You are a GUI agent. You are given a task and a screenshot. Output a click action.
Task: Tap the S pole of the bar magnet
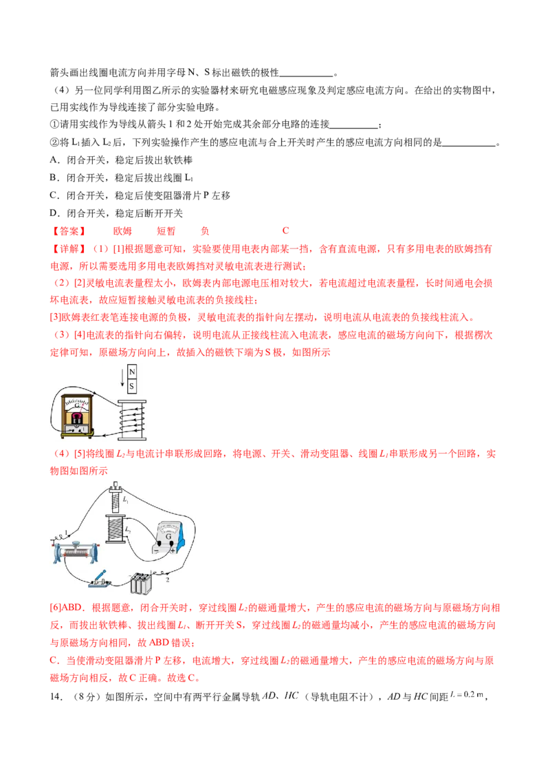click(133, 386)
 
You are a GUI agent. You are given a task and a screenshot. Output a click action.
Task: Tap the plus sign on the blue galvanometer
click(172, 551)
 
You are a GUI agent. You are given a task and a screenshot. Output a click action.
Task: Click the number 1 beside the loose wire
click(67, 531)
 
